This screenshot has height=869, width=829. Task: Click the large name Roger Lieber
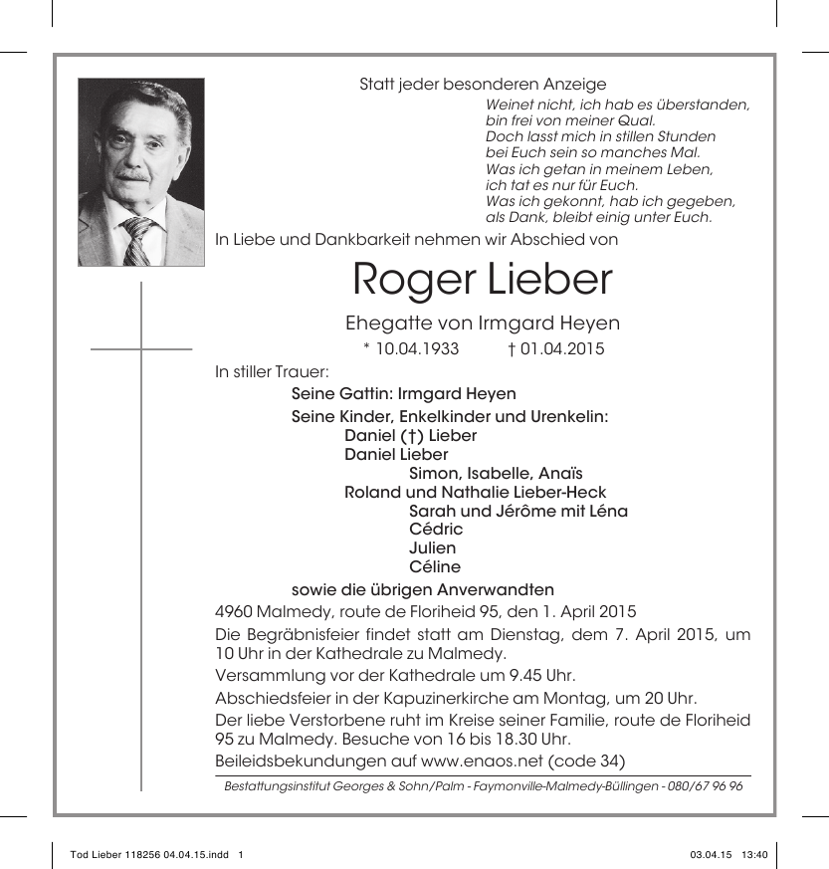[x=483, y=281]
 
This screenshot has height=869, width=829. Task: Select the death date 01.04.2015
[x=562, y=349]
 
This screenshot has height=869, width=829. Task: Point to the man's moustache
[x=132, y=176]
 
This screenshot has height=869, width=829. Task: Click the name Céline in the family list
[x=435, y=567]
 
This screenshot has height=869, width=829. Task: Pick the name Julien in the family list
[x=433, y=548]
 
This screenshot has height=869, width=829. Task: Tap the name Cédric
[x=436, y=530]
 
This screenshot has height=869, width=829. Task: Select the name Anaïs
[x=561, y=474]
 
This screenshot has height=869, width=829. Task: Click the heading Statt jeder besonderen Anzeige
[x=483, y=85]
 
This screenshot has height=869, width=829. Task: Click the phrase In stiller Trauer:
[x=258, y=372]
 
